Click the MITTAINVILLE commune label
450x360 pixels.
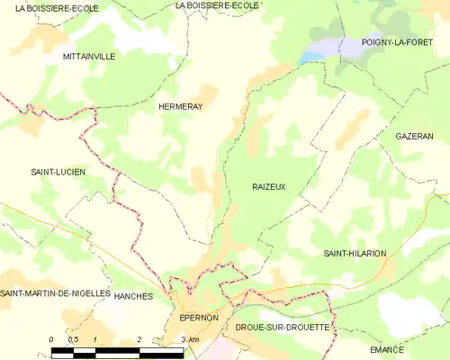tap(89, 56)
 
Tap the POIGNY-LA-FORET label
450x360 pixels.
tap(397, 42)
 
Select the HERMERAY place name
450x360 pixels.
tap(180, 105)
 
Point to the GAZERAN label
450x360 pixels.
tap(414, 136)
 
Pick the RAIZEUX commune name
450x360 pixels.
tap(269, 186)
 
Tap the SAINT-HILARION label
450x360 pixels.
tap(355, 254)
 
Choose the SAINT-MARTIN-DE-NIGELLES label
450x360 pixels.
tap(55, 294)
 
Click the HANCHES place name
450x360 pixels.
tap(135, 296)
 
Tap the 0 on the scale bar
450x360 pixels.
tap(52, 338)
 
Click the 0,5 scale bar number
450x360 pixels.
tap(74, 338)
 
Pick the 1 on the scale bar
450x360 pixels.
tap(95, 338)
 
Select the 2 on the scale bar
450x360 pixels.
tap(139, 338)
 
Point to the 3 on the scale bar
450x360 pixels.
tap(183, 338)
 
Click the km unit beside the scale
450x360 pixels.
tap(194, 338)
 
